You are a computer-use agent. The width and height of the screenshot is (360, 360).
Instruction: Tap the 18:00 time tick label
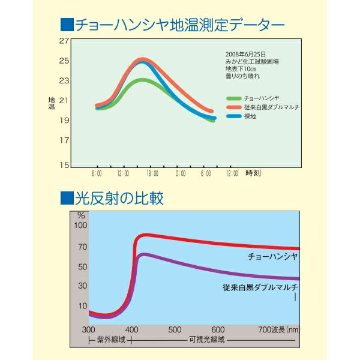tap(152, 173)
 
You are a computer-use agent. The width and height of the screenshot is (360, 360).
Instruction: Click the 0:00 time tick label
tap(180, 173)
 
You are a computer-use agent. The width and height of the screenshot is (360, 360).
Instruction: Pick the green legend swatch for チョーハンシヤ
tap(233, 97)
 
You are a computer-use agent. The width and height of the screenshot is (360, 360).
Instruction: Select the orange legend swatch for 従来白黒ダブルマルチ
tap(233, 106)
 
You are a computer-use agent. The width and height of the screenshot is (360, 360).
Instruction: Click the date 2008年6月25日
tap(245, 54)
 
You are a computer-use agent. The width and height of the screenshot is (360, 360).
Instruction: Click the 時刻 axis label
tap(253, 173)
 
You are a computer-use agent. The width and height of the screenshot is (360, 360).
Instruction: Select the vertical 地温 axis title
tap(51, 103)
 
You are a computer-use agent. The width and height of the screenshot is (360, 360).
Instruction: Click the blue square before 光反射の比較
tap(66, 197)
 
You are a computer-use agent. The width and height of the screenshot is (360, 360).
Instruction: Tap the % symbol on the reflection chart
tap(81, 214)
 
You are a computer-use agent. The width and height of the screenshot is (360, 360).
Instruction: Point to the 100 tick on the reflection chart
tap(80, 225)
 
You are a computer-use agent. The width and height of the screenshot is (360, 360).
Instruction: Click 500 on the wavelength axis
tap(175, 329)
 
